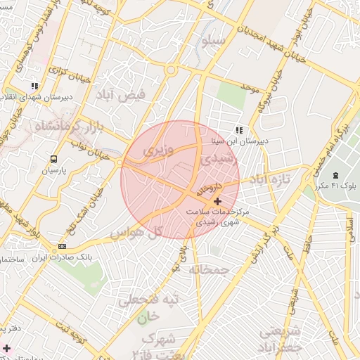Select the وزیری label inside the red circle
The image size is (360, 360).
point(157,150)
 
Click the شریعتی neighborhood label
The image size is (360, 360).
point(281,331)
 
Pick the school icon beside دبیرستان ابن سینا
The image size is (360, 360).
point(239,130)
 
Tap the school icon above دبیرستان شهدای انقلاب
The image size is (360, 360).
point(34,86)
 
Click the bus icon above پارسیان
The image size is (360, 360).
point(53,160)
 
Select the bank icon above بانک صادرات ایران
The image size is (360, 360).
point(63,247)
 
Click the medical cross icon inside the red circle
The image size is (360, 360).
point(217,202)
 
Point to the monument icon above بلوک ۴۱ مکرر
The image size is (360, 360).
point(335,174)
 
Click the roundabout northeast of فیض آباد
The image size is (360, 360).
point(170,70)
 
